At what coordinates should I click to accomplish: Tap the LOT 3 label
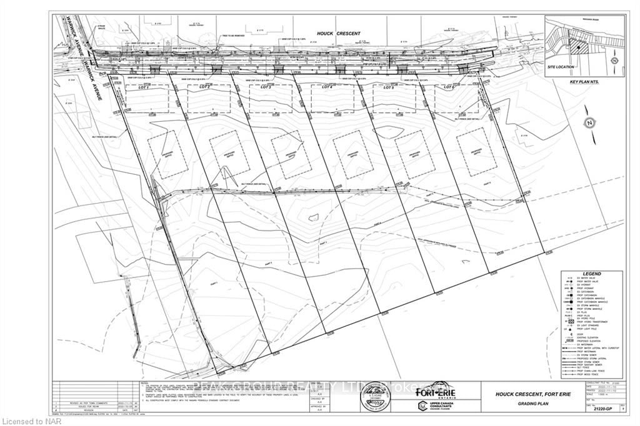(264, 87)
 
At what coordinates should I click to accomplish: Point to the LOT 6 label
(448, 87)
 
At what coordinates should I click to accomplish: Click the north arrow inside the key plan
(614, 61)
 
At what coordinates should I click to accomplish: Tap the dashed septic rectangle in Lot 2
(229, 154)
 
